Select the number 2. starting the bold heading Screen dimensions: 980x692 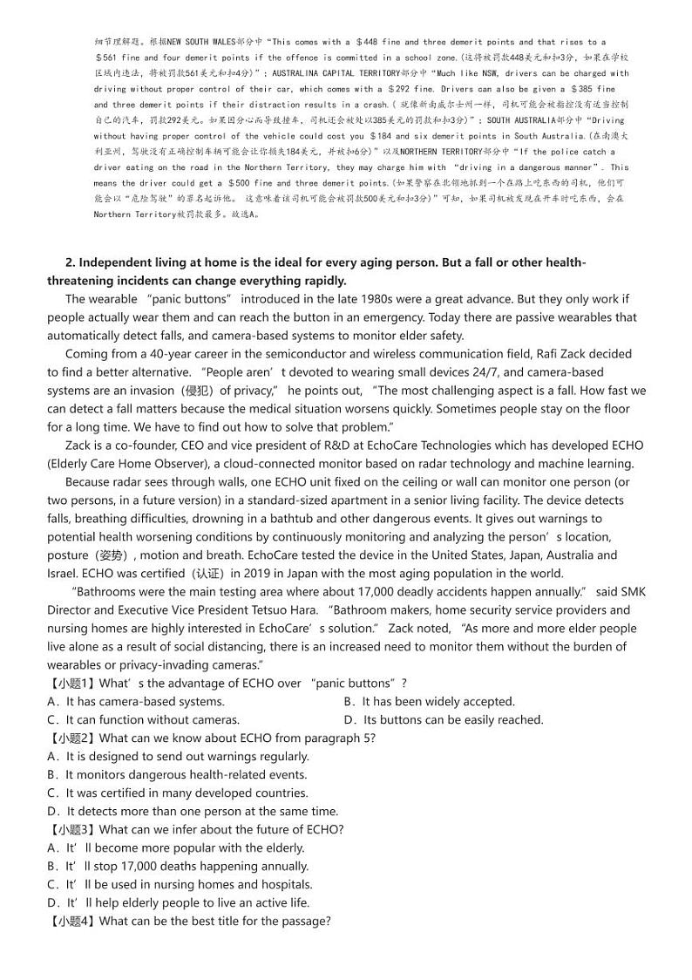(71, 263)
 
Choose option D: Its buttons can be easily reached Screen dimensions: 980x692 (444, 720)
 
